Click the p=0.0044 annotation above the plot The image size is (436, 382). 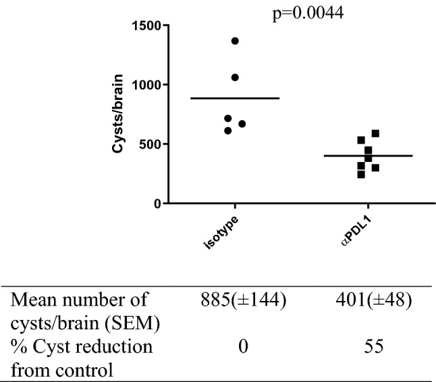coord(308,13)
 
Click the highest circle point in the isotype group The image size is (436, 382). coord(235,41)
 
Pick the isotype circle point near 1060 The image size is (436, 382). coord(235,78)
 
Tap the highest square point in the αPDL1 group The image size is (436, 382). coord(375,134)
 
